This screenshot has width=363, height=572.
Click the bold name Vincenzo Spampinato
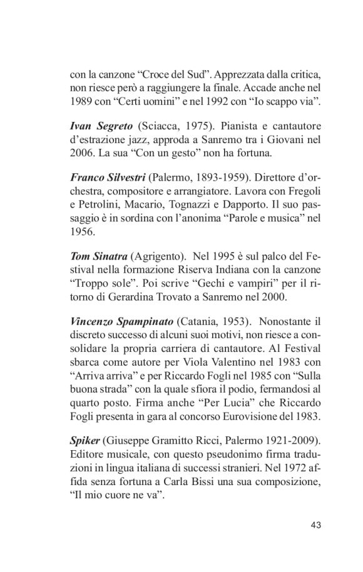point(121,321)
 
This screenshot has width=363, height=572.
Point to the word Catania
point(199,321)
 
